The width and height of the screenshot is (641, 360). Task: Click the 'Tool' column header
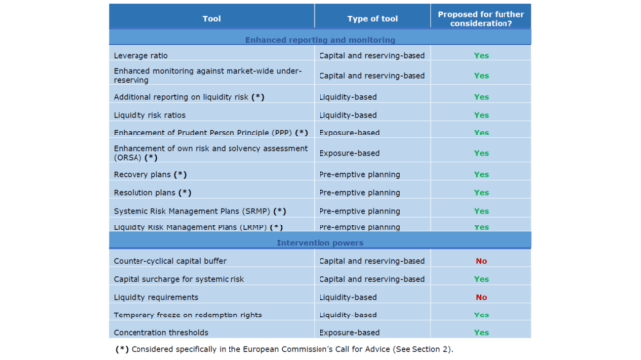click(x=211, y=18)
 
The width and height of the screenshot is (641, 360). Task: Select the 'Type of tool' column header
click(x=371, y=18)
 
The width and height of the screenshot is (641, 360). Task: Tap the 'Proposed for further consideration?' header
click(x=480, y=18)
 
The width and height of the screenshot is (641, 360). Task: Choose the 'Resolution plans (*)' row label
click(x=154, y=192)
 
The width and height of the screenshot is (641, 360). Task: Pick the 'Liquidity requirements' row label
click(x=155, y=297)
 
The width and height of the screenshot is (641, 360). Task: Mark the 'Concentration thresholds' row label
click(x=161, y=332)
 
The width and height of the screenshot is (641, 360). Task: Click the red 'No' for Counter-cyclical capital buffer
click(x=481, y=261)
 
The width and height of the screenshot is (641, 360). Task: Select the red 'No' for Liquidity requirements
click(x=481, y=297)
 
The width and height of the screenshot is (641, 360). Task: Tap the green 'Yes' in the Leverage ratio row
click(x=481, y=55)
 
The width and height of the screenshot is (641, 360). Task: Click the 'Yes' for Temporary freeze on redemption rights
click(x=481, y=315)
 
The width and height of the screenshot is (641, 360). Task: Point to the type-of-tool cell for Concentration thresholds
click(x=349, y=332)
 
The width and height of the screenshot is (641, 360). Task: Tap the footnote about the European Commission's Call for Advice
click(x=285, y=349)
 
